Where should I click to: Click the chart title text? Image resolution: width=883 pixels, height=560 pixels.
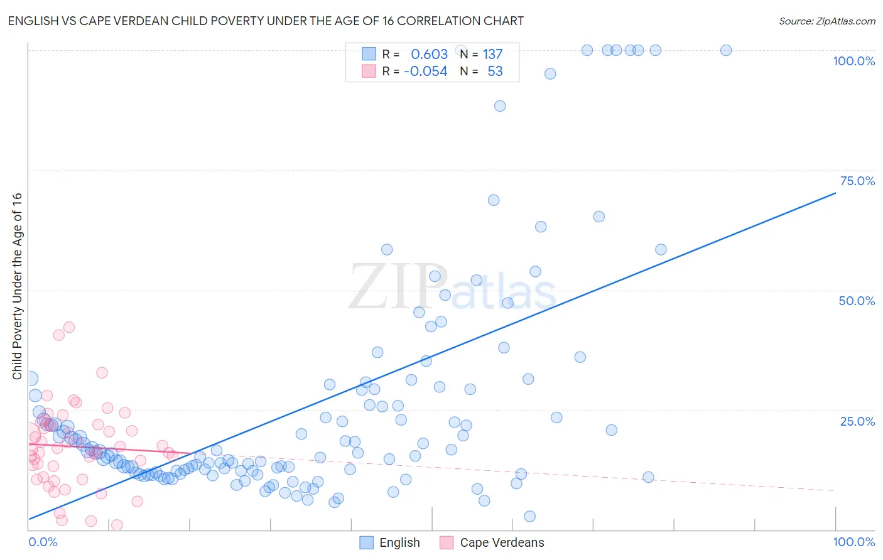(266, 21)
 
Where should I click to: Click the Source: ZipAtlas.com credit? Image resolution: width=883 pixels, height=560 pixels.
(826, 21)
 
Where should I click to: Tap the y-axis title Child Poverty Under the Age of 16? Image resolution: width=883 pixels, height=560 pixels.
(18, 286)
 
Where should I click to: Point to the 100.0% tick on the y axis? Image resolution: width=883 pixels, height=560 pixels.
(853, 61)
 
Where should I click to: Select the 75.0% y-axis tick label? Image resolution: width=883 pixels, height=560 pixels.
(857, 181)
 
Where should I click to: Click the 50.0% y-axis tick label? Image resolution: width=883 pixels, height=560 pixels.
(857, 301)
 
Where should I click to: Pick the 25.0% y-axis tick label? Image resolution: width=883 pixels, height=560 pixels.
(857, 421)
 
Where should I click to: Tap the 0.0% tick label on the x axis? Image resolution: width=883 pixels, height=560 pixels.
(43, 542)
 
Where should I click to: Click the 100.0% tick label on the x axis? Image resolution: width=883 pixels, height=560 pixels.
(853, 542)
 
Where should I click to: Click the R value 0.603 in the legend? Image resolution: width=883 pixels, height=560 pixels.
(429, 54)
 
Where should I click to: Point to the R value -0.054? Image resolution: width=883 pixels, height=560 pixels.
(426, 71)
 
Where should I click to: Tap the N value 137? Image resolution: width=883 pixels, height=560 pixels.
(492, 54)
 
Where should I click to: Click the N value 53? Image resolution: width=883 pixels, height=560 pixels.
(495, 71)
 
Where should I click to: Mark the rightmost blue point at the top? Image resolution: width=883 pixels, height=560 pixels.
(726, 50)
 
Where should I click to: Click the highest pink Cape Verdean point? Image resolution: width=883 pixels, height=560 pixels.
(69, 327)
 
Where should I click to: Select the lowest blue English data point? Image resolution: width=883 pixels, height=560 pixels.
(529, 516)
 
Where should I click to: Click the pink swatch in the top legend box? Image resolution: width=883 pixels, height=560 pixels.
(369, 71)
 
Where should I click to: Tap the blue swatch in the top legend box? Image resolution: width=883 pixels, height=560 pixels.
(369, 54)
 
